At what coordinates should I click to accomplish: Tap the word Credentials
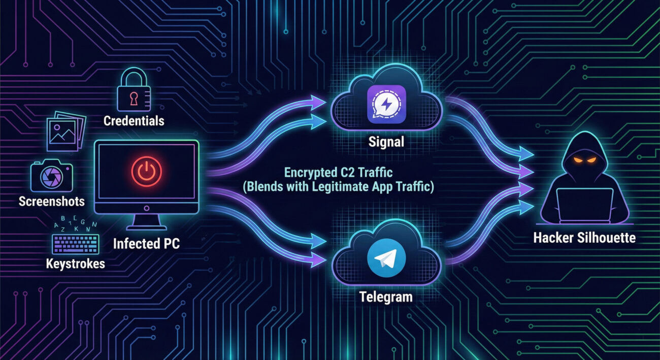(x=134, y=120)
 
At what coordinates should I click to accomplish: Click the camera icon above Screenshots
(x=52, y=175)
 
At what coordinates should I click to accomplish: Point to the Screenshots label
(x=51, y=201)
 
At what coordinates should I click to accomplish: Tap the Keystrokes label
(x=75, y=264)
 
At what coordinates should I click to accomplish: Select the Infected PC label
(x=146, y=243)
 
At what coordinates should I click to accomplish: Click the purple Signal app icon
(x=386, y=105)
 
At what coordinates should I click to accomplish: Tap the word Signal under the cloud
(x=386, y=141)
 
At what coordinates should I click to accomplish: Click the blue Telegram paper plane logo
(x=386, y=257)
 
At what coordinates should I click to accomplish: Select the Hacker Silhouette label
(x=584, y=237)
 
